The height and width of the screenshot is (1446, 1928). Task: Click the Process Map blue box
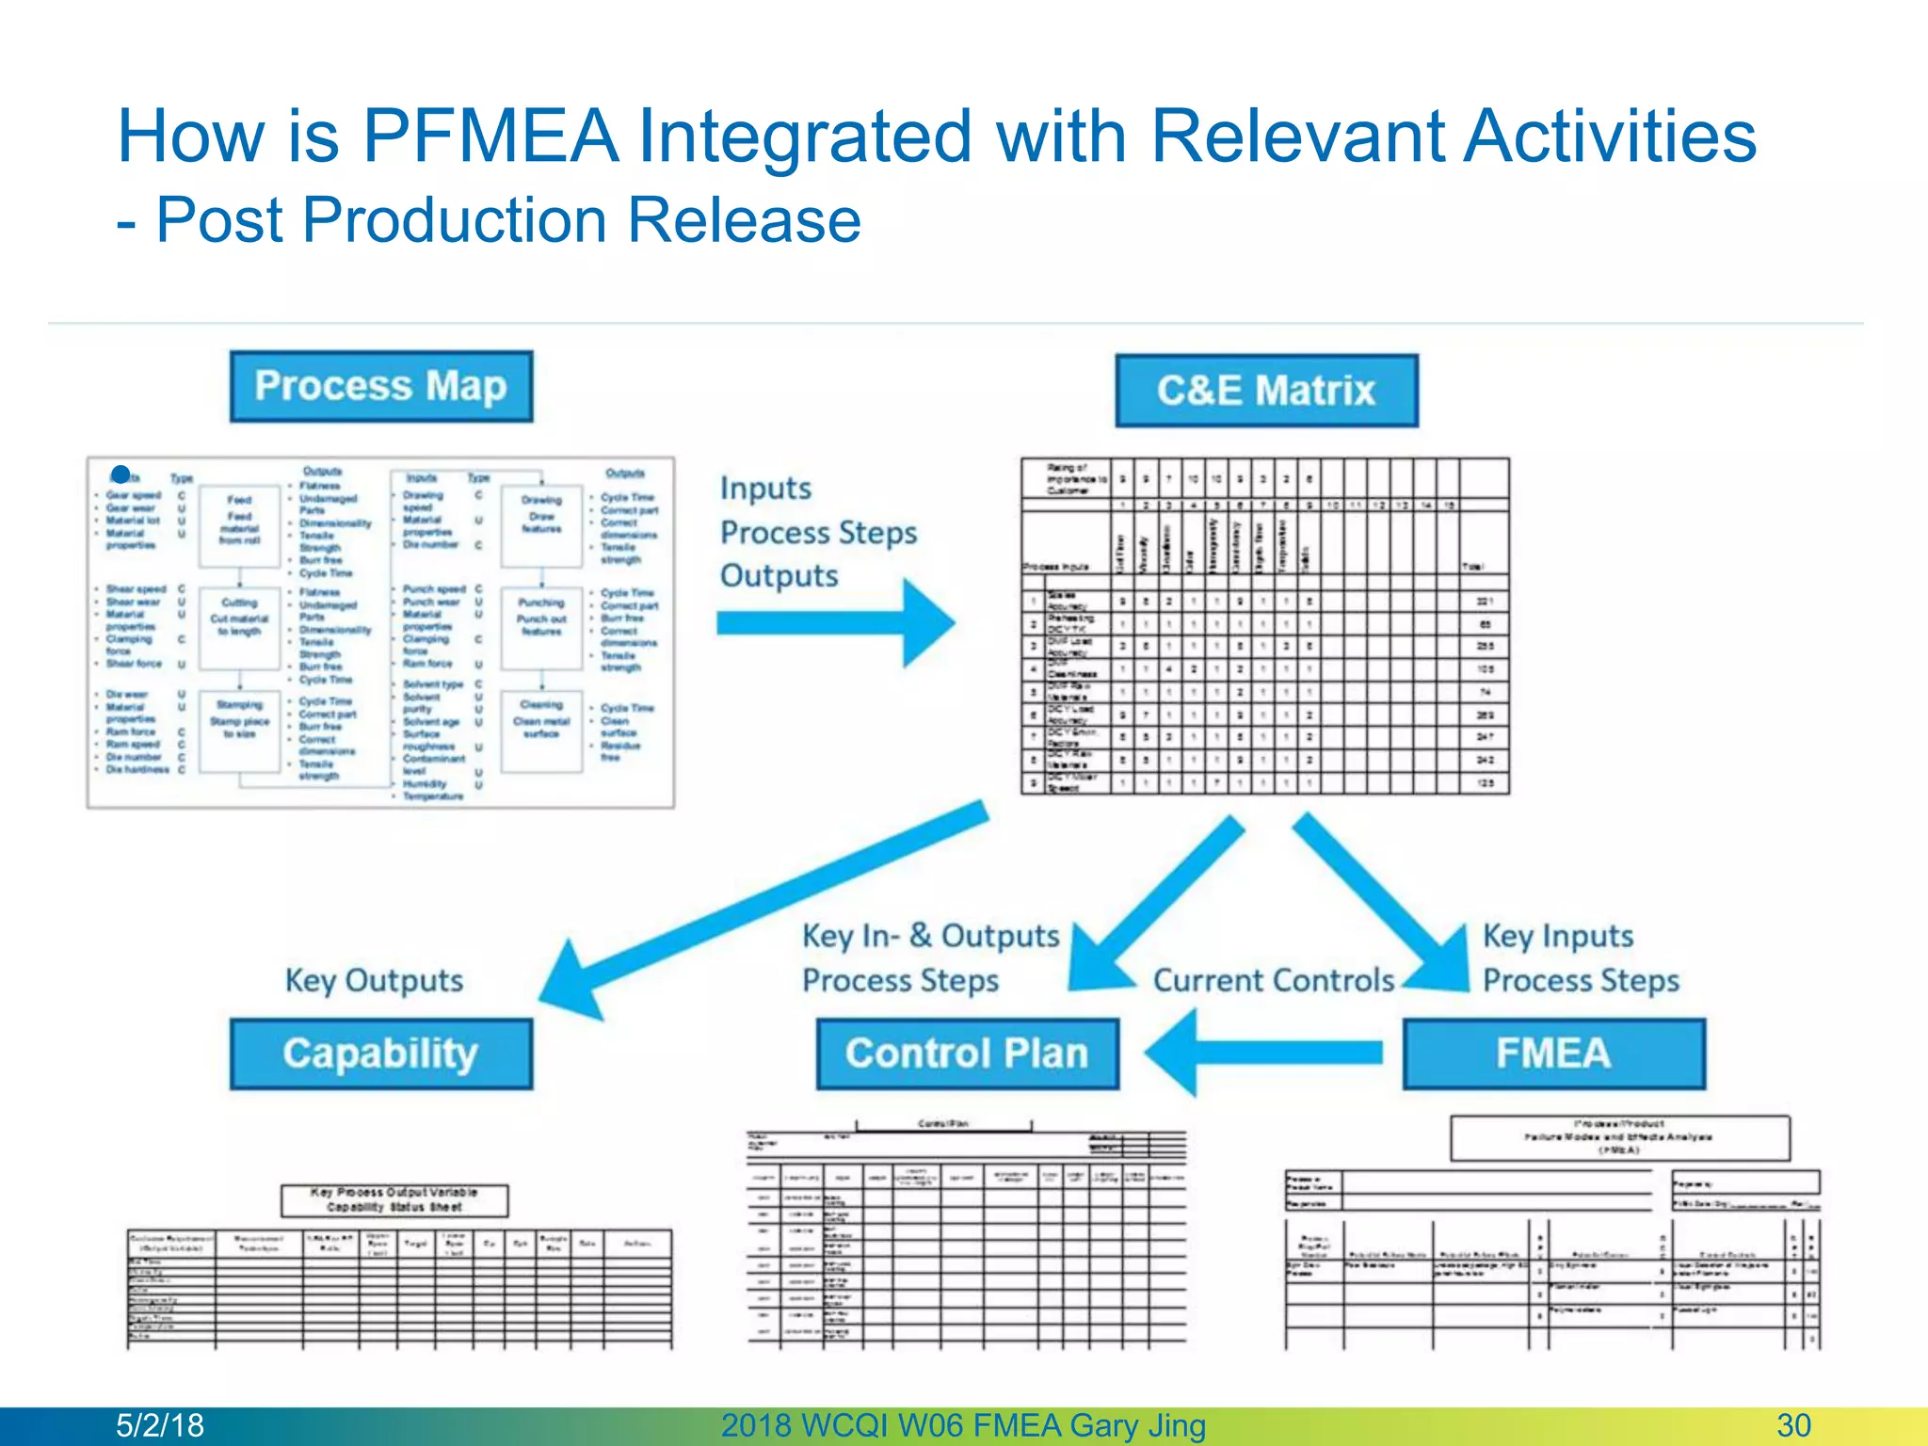pos(380,386)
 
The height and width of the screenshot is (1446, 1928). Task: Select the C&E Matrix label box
pos(1266,391)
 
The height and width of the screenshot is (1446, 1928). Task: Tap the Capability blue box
pos(380,1053)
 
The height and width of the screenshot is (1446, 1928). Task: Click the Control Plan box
pos(967,1053)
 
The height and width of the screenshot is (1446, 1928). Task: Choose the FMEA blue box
pos(1553,1053)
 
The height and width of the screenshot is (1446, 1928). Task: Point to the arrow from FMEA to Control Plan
pos(1261,1052)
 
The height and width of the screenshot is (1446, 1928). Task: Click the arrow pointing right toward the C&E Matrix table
pos(838,622)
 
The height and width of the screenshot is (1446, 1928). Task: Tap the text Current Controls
pos(1274,980)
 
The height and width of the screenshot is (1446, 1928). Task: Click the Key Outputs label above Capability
pos(374,980)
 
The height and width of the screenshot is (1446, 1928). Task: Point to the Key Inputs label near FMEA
pos(1557,936)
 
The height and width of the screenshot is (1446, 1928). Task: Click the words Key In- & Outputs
pos(930,936)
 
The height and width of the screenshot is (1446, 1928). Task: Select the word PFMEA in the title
pos(490,136)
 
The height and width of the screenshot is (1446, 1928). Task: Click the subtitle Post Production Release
pos(507,220)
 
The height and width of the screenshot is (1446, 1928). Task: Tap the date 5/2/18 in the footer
pos(159,1425)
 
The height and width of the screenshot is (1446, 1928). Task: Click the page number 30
pos(1793,1425)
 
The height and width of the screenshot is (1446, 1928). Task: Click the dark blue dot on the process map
pos(120,474)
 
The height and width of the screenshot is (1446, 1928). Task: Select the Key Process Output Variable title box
pos(394,1200)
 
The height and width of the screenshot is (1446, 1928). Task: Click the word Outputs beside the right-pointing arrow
pos(779,575)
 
